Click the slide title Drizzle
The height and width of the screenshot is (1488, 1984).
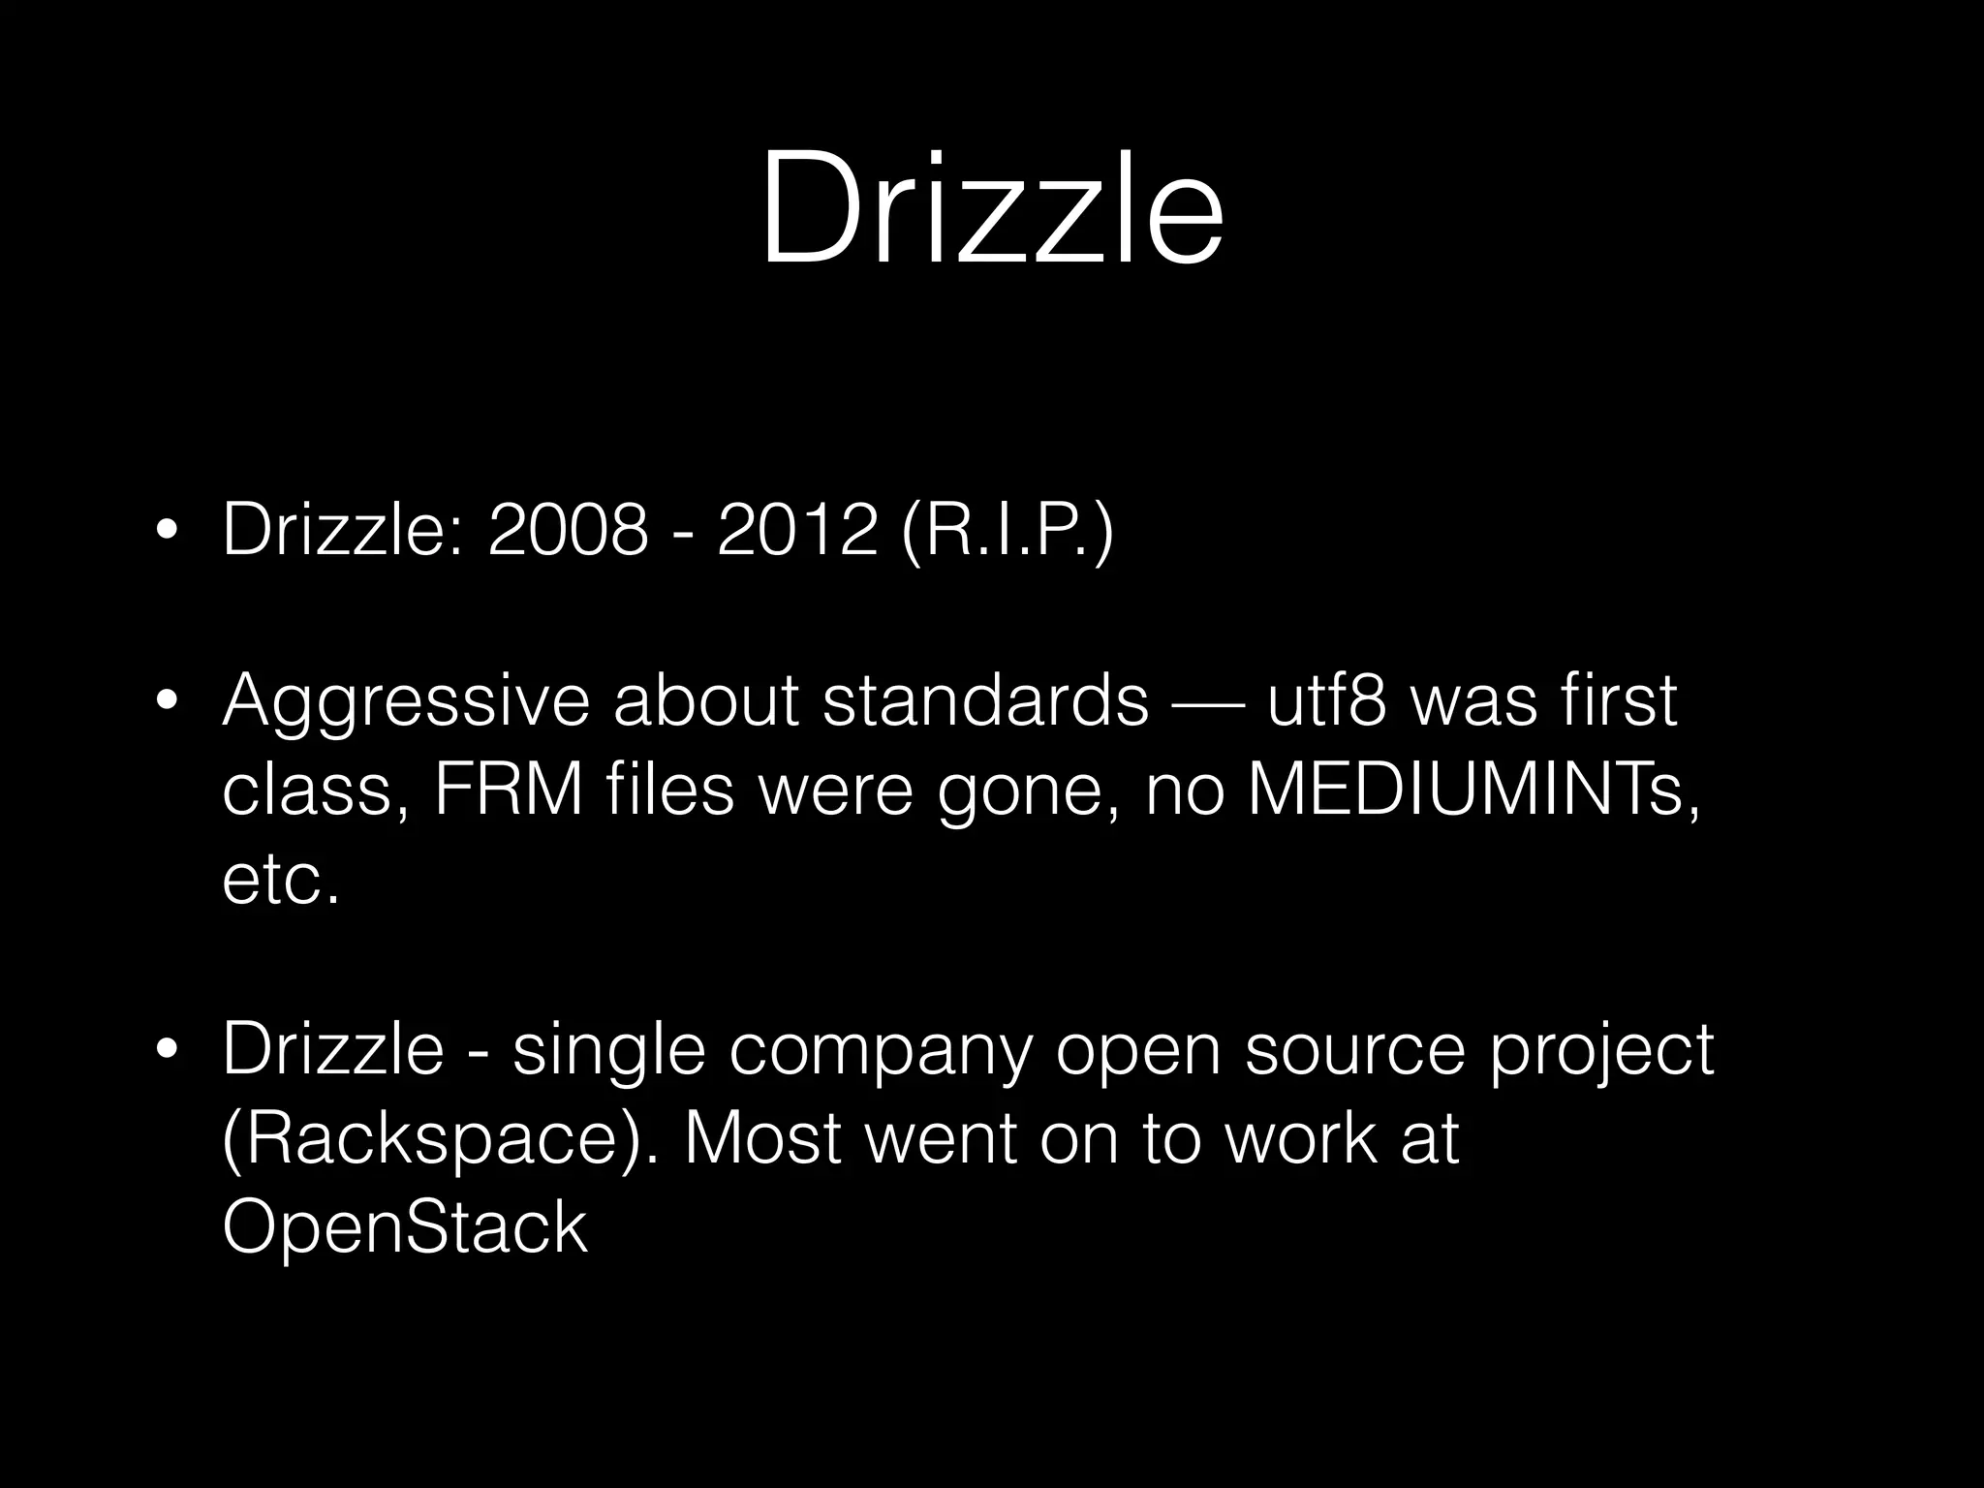991,207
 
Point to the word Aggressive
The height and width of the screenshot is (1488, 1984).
405,701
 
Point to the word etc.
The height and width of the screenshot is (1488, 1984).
281,880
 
